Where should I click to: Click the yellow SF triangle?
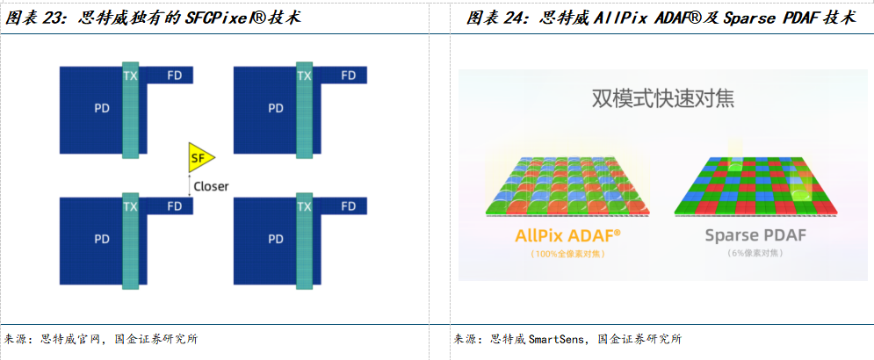[199, 158]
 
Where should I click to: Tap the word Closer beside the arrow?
[212, 186]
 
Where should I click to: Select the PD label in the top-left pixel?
[101, 108]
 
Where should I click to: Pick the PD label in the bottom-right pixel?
[276, 238]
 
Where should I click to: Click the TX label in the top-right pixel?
[305, 76]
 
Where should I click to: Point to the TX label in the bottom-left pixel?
[131, 207]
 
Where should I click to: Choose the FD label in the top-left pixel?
[175, 76]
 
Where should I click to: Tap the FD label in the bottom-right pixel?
[349, 206]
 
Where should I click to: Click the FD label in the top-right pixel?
[349, 76]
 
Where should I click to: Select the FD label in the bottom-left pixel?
[175, 206]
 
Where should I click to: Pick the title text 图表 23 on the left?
[36, 18]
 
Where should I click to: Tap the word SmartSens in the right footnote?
[558, 339]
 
